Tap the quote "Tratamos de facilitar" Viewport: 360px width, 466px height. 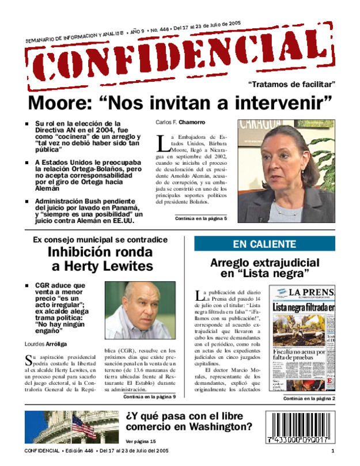(292, 85)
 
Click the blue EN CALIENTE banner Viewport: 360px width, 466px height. (265, 244)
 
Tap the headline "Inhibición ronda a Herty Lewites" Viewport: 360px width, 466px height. (100, 259)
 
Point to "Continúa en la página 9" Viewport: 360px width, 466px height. (149, 397)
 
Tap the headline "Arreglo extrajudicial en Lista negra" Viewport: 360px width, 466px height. (265, 268)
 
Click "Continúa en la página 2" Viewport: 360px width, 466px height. (309, 398)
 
